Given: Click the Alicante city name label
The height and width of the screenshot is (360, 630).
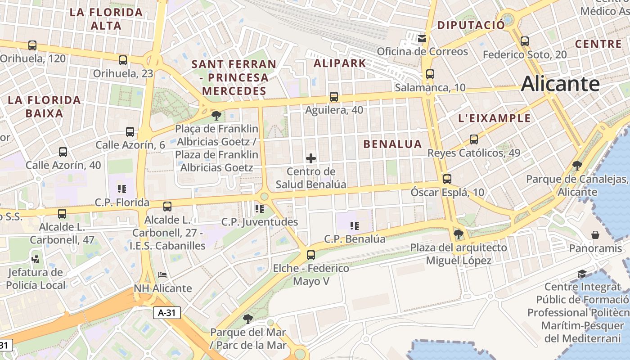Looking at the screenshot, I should (x=560, y=84).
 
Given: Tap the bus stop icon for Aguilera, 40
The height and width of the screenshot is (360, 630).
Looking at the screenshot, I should (x=333, y=97).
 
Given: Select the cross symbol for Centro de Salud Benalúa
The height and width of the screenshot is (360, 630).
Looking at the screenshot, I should (x=310, y=158).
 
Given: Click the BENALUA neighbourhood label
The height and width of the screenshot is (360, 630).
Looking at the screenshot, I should (x=392, y=144).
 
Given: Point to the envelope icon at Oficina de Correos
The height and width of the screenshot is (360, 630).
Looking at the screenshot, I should (x=422, y=39).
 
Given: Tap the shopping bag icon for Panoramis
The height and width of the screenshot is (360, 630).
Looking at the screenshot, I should (x=595, y=235).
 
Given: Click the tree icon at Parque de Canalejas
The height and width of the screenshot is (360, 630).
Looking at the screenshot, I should (x=577, y=166).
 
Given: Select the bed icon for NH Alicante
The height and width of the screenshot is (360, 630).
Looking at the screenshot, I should (x=162, y=275).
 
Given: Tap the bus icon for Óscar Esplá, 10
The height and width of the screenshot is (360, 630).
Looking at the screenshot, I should (x=447, y=179).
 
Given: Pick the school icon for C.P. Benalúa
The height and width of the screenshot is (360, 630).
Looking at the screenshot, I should (x=355, y=225).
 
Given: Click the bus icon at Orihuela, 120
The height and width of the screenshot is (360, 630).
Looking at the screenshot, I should (x=32, y=45).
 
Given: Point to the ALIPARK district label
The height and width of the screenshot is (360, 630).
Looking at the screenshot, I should (x=340, y=63).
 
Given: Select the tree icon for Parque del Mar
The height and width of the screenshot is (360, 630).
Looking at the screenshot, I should (x=247, y=319).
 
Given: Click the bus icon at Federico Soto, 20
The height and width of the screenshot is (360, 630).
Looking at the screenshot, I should (x=524, y=41).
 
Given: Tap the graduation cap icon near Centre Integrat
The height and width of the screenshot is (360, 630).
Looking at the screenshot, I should (x=582, y=274).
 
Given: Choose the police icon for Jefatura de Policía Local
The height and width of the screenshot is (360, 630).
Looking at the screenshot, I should (x=35, y=259).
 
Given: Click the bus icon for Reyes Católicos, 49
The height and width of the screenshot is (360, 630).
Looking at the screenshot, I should (x=473, y=139).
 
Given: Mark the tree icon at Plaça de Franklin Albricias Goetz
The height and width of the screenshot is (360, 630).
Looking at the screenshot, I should (x=216, y=116).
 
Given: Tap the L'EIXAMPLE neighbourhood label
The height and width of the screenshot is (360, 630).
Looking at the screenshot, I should (x=494, y=118).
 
